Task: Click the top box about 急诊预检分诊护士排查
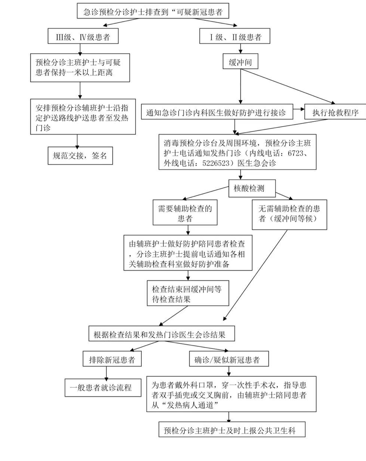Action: (152, 12)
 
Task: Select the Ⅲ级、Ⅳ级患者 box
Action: (83, 37)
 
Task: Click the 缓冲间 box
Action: (240, 62)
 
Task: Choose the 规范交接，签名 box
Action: (80, 156)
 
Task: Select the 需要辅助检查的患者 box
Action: (185, 213)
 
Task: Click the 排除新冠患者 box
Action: (112, 359)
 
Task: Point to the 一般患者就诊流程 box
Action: (103, 388)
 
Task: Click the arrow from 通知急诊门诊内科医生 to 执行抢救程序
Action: (298, 109)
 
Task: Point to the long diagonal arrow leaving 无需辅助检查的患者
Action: (257, 273)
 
